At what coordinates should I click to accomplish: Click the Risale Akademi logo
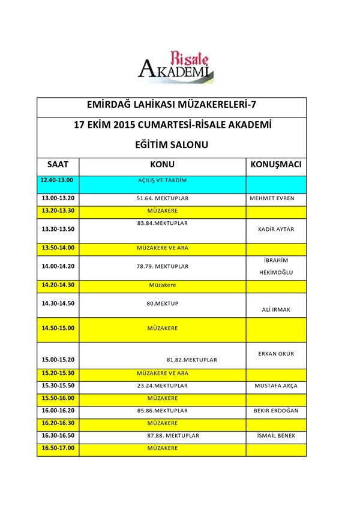click(175, 65)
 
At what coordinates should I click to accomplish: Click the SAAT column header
click(58, 164)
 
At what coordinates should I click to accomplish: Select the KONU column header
click(162, 164)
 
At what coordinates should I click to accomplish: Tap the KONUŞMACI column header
click(275, 164)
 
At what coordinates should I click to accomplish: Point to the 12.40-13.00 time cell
click(57, 180)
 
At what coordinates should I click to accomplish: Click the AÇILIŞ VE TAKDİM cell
click(162, 180)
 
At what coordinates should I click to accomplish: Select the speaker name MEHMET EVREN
click(275, 198)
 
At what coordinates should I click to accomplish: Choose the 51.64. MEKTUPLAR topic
click(162, 198)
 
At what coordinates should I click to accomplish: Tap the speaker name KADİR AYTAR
click(275, 230)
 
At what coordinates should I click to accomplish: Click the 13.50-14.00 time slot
click(57, 248)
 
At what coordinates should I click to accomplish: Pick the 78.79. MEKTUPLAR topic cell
click(162, 266)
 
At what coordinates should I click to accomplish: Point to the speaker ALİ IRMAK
click(275, 309)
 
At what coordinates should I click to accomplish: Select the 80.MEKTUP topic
click(162, 303)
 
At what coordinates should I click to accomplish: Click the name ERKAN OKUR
click(276, 354)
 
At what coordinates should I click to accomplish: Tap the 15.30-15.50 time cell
click(57, 385)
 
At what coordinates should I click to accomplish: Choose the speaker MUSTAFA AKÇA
click(276, 385)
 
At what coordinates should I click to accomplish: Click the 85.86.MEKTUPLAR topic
click(162, 411)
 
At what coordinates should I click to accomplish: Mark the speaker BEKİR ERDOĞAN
click(276, 411)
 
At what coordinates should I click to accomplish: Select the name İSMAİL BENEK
click(276, 436)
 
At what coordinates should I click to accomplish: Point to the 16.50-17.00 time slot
click(57, 448)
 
